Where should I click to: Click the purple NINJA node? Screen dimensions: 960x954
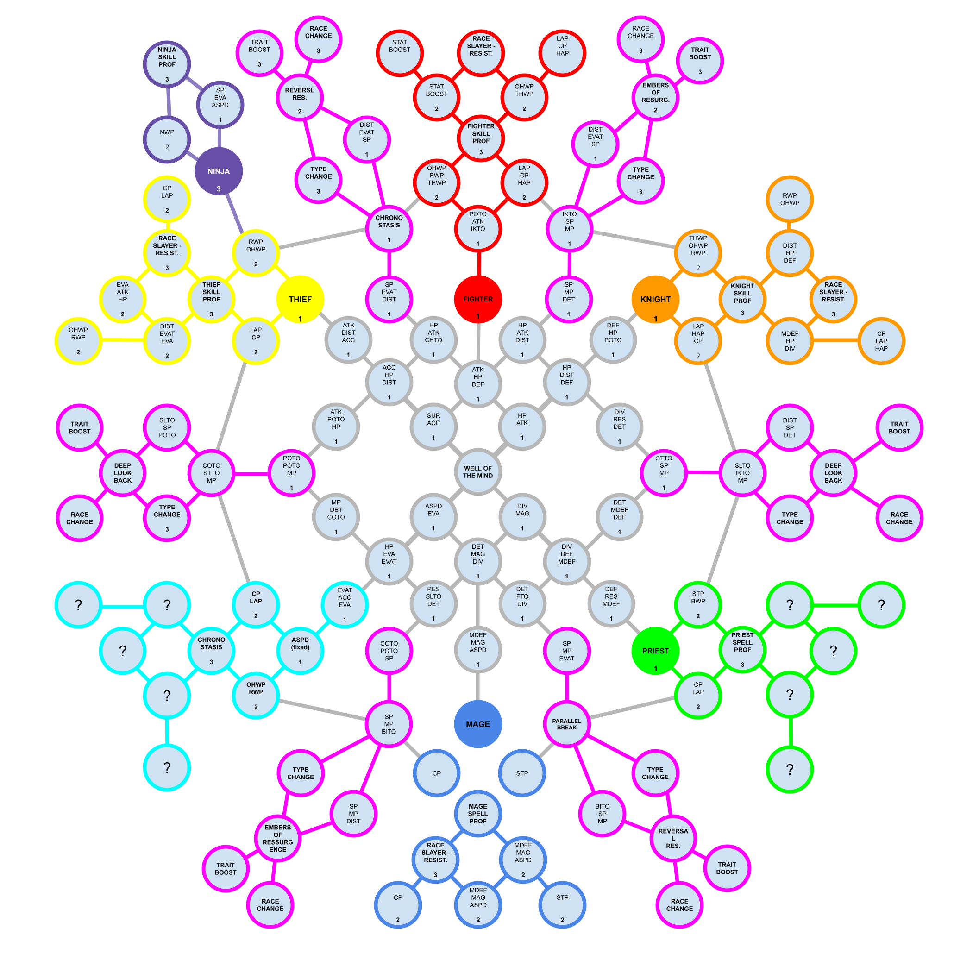219,171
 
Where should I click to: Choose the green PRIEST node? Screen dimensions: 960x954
655,652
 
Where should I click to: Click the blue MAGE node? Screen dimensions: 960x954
478,724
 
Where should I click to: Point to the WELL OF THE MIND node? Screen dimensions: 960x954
478,472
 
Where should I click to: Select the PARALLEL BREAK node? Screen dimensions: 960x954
566,724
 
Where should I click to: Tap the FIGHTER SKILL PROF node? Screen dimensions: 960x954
481,138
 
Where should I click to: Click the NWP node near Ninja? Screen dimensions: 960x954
167,140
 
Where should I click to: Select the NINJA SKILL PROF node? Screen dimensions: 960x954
167,63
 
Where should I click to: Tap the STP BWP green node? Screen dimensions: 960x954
698,605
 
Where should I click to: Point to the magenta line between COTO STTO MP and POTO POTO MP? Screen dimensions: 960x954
251,475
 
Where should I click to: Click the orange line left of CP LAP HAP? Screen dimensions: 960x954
835,341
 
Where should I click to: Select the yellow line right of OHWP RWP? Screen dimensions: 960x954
123,340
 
